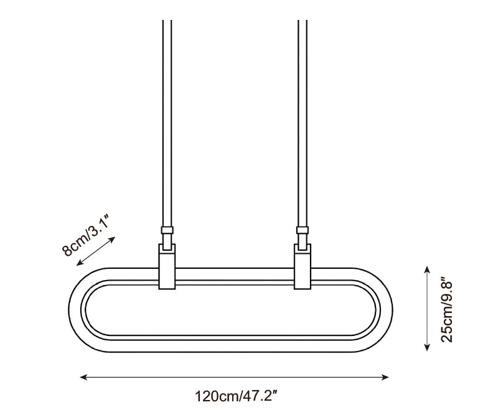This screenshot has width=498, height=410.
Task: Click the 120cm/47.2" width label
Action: (237, 396)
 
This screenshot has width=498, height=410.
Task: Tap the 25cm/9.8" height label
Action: (447, 311)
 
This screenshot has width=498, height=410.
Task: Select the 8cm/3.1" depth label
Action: (85, 235)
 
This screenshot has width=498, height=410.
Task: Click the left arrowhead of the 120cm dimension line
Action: (83, 377)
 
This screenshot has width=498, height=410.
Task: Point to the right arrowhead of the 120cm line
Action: (385, 377)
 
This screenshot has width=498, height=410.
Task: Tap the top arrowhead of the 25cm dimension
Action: (427, 271)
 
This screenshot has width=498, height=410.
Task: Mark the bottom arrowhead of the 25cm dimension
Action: (427, 347)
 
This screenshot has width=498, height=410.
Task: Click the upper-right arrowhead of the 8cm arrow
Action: (112, 240)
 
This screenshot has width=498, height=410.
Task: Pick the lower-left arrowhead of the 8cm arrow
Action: (80, 262)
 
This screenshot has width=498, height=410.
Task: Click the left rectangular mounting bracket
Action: (167, 266)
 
